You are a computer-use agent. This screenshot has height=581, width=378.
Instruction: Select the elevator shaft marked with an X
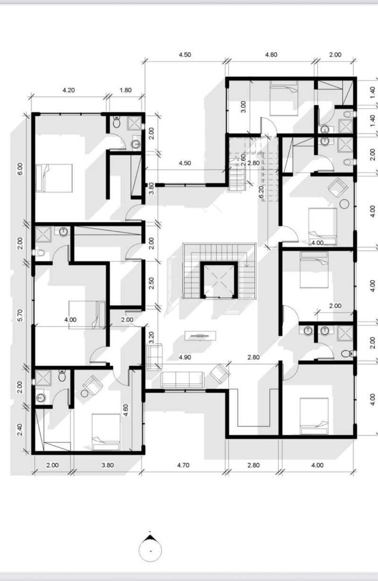(x=219, y=280)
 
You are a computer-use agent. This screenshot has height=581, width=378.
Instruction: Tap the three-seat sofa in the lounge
(x=182, y=379)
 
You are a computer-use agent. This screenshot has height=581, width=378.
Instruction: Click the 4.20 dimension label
(x=69, y=90)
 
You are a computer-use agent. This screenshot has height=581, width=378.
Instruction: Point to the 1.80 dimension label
(x=125, y=90)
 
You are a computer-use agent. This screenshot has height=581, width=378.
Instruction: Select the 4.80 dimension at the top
(x=271, y=55)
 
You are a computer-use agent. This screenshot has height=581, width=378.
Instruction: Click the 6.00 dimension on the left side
(x=20, y=169)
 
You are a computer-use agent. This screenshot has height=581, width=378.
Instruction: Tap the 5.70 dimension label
(x=20, y=315)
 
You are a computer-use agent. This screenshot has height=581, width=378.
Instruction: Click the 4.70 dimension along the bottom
(x=183, y=465)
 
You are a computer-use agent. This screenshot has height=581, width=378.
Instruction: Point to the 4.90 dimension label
(x=185, y=357)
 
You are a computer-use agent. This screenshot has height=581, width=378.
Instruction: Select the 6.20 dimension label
(x=261, y=192)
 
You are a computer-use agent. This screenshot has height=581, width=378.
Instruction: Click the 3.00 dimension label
(x=243, y=107)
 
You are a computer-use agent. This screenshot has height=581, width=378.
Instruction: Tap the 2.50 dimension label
(x=152, y=283)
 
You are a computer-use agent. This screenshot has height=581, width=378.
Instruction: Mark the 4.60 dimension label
(x=126, y=410)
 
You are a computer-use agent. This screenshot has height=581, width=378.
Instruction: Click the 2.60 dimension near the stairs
(x=243, y=160)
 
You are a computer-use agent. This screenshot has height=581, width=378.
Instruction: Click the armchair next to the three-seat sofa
(x=220, y=373)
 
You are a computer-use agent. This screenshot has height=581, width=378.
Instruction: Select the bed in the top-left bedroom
(x=54, y=178)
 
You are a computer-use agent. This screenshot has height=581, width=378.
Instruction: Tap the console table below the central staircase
(x=200, y=336)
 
